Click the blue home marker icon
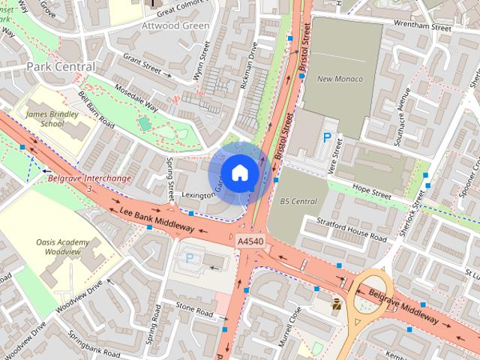pyautogui.click(x=238, y=173)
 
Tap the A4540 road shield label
pyautogui.click(x=250, y=241)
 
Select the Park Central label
pyautogui.click(x=61, y=67)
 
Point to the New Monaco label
pyautogui.click(x=340, y=79)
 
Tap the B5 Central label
pyautogui.click(x=298, y=201)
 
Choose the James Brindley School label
pyautogui.click(x=45, y=118)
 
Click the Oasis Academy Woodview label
pyautogui.click(x=62, y=248)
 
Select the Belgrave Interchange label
pyautogui.click(x=89, y=178)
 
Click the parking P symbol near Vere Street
pyautogui.click(x=326, y=137)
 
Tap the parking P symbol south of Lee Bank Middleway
pyautogui.click(x=190, y=257)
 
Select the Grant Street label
pyautogui.click(x=142, y=67)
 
